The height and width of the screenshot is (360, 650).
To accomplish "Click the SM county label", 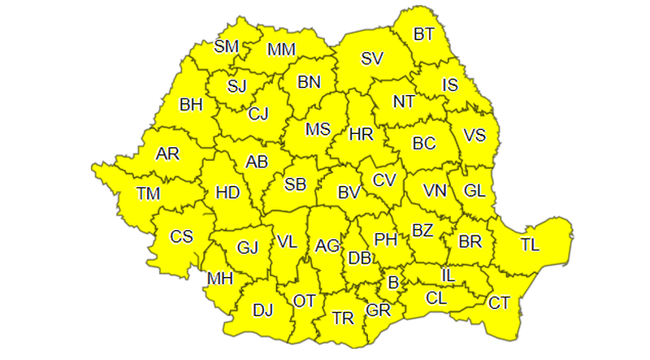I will point(226,46).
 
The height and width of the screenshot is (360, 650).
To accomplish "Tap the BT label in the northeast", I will point(424,34).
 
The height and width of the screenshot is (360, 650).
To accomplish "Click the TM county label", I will point(149,193).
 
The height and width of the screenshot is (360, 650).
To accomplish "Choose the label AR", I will point(167,154).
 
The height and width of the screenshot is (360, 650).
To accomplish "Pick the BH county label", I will point(191,104).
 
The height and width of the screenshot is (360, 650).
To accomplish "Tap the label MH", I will point(219,279).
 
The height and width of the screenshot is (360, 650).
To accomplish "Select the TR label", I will point(344,318).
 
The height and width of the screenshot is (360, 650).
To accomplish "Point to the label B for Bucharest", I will point(394,284).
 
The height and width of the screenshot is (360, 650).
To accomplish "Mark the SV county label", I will point(372,59).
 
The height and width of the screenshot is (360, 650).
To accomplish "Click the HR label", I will point(360,134).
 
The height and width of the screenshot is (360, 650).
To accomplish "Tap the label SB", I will point(295,184).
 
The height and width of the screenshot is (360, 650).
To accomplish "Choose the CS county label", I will point(181,236).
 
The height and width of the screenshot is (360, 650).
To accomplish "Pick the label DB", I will point(359,258).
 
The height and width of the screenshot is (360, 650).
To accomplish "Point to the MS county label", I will point(318,129).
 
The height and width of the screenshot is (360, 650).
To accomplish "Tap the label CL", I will point(435,297).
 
